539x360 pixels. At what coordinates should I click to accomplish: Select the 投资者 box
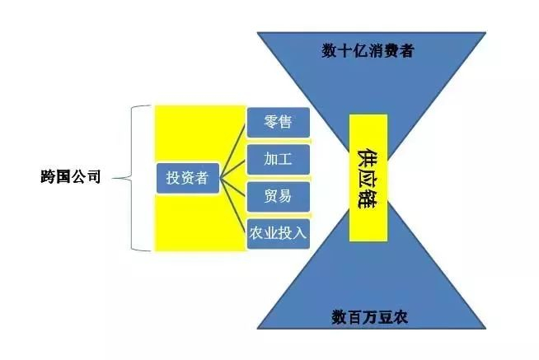tap(187, 178)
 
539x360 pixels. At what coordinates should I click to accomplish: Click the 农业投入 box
tap(278, 233)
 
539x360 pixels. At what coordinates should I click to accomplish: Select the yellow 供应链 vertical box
tap(368, 177)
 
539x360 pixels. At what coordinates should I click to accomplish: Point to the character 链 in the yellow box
tap(368, 200)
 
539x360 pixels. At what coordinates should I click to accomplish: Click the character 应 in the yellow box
tap(368, 177)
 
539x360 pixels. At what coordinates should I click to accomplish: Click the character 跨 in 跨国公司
tap(49, 176)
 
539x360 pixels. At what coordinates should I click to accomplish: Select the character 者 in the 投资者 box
tap(201, 178)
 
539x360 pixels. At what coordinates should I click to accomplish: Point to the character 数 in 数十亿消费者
tap(329, 51)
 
